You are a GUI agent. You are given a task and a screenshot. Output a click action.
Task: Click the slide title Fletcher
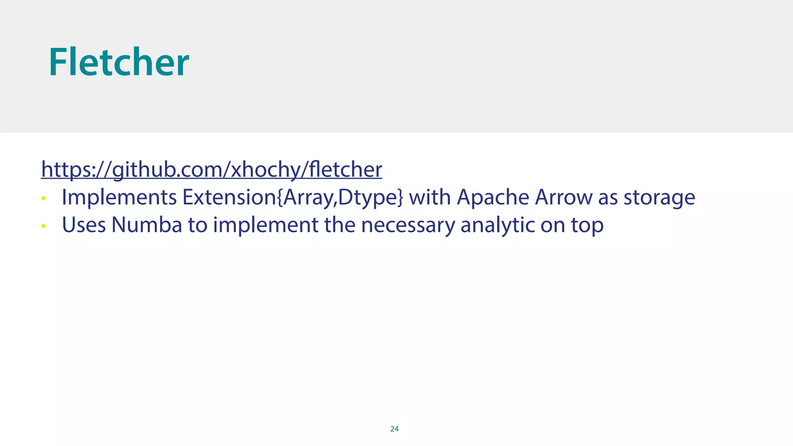pos(118,62)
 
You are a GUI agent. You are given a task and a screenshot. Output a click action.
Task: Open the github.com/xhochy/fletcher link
pos(211,170)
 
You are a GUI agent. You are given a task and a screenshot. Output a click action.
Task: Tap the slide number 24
pos(394,429)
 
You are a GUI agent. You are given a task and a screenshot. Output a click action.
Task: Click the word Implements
pos(119,197)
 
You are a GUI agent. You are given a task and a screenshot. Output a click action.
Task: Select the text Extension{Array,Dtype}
pos(293,197)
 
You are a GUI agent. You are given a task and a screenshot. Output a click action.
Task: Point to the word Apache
pos(493,197)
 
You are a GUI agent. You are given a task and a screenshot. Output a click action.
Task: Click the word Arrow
pos(563,197)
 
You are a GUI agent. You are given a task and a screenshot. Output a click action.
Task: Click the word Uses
pos(84,225)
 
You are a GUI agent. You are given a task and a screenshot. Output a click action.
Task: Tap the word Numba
pos(147,225)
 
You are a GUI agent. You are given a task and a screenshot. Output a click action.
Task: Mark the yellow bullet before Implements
pos(44,199)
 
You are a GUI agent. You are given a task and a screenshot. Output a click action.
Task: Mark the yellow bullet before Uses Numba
pos(44,226)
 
